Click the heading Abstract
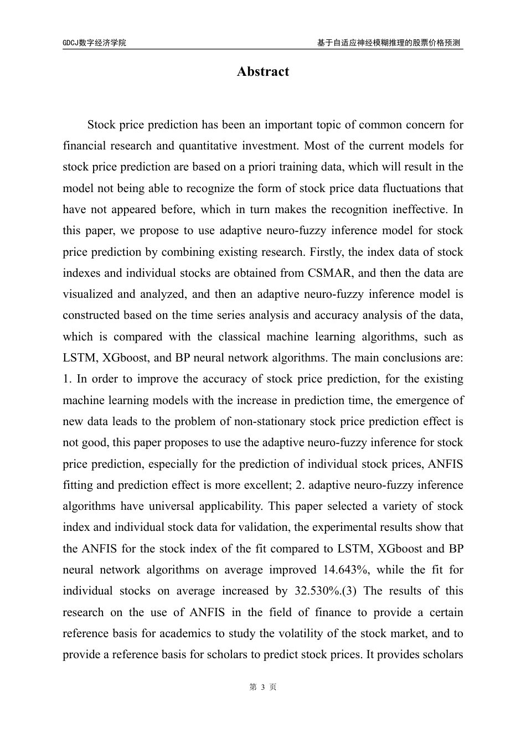pyautogui.click(x=262, y=72)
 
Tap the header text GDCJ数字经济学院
pyautogui.click(x=94, y=43)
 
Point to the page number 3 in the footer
pyautogui.click(x=263, y=687)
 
